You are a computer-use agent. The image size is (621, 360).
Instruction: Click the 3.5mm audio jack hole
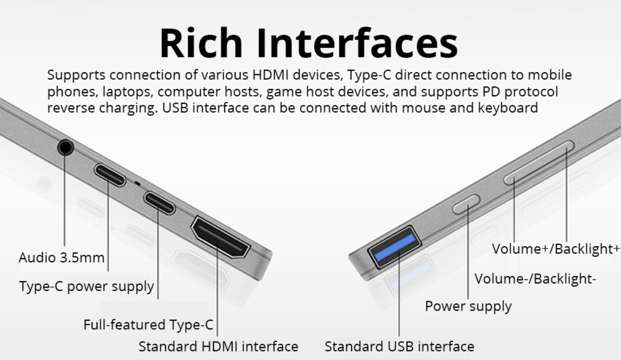pyautogui.click(x=65, y=147)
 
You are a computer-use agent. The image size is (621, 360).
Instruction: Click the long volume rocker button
pyautogui.click(x=539, y=163)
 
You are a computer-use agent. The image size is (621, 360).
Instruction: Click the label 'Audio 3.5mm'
pyautogui.click(x=62, y=258)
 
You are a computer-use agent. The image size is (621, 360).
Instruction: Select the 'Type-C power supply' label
pyautogui.click(x=86, y=286)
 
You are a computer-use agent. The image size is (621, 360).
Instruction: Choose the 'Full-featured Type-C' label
pyautogui.click(x=148, y=325)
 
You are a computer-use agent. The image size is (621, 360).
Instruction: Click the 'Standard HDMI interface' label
pyautogui.click(x=218, y=346)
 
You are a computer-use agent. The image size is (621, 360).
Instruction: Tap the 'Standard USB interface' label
pyautogui.click(x=399, y=346)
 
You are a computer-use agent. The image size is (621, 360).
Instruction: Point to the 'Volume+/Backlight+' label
pyautogui.click(x=556, y=249)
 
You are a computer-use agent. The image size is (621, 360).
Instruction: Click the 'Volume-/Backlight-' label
pyautogui.click(x=535, y=279)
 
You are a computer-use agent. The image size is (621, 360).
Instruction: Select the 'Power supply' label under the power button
pyautogui.click(x=468, y=307)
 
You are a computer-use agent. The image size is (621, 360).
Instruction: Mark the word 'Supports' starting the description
pyautogui.click(x=76, y=75)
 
